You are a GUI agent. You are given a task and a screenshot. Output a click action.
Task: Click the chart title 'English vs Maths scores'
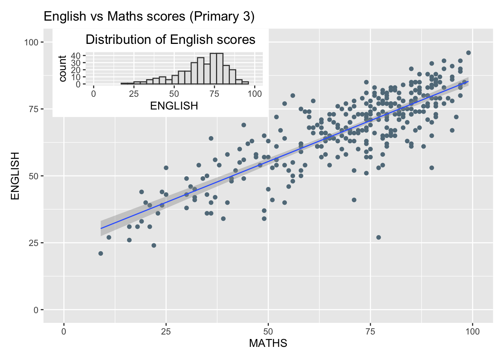[x=149, y=16]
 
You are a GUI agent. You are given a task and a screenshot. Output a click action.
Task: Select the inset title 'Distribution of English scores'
[x=170, y=40]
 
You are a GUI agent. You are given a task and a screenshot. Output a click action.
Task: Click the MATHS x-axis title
[x=268, y=343]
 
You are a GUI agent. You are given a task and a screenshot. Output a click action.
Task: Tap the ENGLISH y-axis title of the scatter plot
[x=15, y=175]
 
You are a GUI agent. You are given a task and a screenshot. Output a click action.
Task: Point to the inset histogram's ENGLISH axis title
[x=174, y=106]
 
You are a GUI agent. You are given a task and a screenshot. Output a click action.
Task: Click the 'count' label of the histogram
[x=63, y=69]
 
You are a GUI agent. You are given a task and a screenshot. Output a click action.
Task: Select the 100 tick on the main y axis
[x=31, y=42]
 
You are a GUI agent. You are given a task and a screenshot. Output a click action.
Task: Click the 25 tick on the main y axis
[x=34, y=243]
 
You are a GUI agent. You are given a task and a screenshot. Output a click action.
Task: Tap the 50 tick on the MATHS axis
[x=268, y=331]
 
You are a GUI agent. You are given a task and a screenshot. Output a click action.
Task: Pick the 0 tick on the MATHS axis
[x=64, y=331]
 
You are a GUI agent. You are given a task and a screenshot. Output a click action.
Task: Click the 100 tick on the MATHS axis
[x=472, y=331]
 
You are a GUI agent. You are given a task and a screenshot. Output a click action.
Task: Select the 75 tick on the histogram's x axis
[x=214, y=94]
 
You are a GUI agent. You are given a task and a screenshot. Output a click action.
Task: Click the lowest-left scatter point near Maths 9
[x=100, y=253]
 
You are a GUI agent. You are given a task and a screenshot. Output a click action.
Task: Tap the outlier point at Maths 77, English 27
[x=378, y=237]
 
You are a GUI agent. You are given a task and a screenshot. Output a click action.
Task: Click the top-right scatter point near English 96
[x=468, y=53]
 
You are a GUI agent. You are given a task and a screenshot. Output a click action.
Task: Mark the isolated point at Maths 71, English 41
[x=354, y=200]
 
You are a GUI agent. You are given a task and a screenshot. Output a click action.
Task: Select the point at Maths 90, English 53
[x=432, y=168]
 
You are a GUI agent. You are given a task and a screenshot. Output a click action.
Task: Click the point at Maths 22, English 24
[x=154, y=246]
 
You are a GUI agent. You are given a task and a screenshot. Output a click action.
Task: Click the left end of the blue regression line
[x=101, y=228]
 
